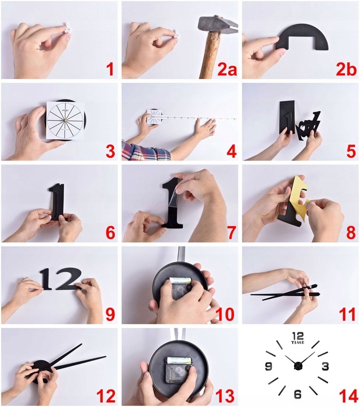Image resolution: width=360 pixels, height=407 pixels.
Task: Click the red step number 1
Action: coord(110,70)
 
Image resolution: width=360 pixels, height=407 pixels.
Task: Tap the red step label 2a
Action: coord(227,70)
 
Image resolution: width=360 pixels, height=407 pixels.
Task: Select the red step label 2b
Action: coord(346,70)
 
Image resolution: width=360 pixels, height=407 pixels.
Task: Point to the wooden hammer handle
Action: coord(210,55)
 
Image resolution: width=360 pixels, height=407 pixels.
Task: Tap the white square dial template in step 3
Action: coord(66,120)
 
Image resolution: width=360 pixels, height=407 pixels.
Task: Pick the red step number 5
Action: coord(351,151)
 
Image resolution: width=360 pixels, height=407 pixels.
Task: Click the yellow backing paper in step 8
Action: coord(296,197)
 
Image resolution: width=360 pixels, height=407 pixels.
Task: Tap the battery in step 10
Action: coord(180,280)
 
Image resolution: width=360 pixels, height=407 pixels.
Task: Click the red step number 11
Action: coord(347,314)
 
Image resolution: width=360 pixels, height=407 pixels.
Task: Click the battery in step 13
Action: coord(179,360)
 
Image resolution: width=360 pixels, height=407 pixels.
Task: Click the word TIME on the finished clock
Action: coord(298,343)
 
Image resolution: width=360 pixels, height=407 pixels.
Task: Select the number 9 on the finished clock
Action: coord(268,366)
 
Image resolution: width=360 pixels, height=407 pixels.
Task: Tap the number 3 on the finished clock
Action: coord(326,366)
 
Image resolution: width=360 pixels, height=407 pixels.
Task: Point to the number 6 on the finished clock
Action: coord(298,394)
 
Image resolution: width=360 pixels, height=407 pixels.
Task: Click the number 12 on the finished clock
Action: coord(298,336)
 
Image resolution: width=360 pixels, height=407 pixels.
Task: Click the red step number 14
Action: coord(349,397)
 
